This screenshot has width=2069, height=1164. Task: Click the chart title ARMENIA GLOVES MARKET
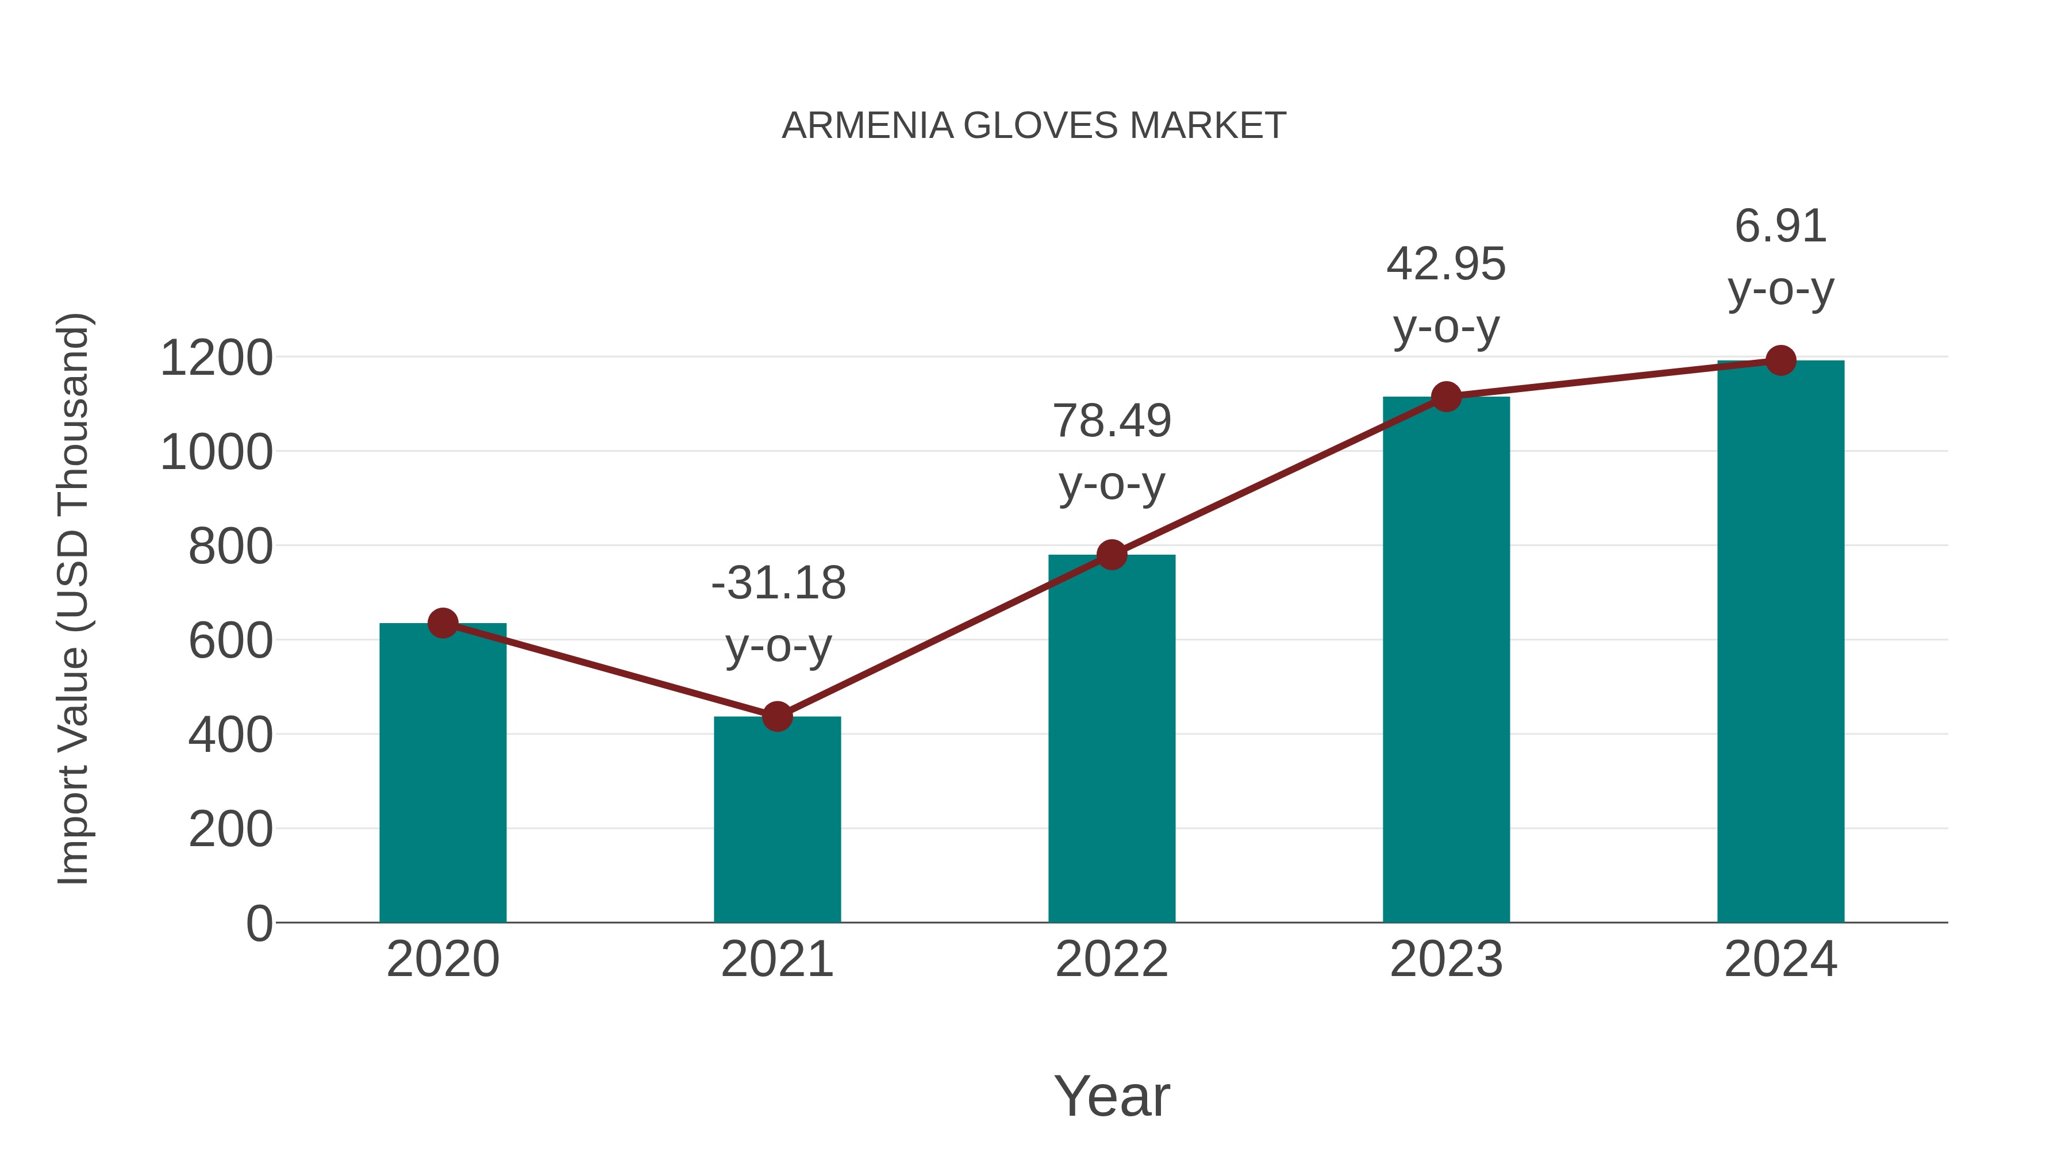1034,126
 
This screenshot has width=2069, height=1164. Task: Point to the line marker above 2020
443,623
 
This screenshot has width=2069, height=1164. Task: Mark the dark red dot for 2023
1446,397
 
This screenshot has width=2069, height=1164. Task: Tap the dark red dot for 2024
1780,360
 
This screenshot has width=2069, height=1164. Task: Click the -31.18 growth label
778,583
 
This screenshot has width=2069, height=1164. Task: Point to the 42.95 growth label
1446,264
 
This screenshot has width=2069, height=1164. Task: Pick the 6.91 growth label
1780,226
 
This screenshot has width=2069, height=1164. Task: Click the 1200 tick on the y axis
216,358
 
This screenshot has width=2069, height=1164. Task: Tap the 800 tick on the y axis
230,547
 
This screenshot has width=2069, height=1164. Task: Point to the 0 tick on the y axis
259,924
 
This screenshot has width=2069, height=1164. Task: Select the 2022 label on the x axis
1112,959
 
